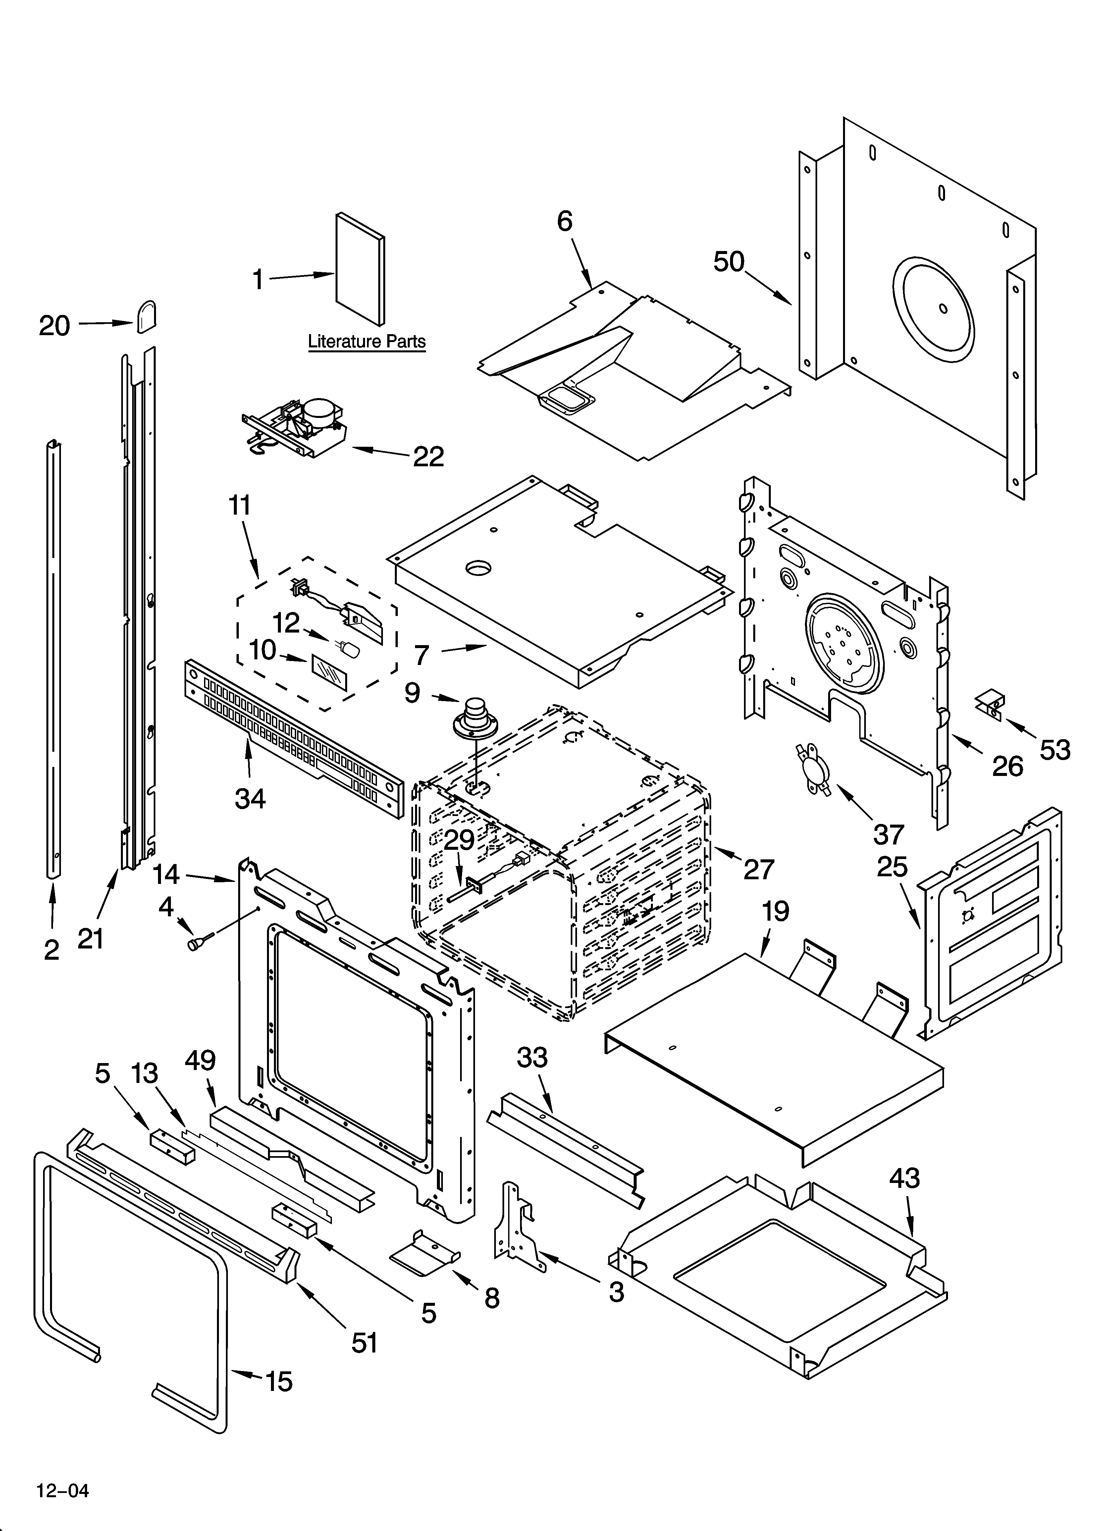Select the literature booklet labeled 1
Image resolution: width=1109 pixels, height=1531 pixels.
[361, 270]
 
